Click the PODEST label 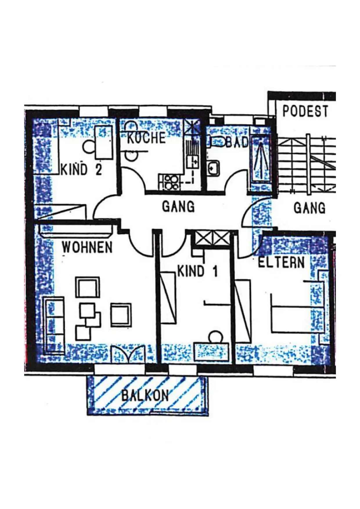click(305, 111)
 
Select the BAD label click(237, 142)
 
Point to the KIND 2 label click(82, 169)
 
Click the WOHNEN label click(87, 248)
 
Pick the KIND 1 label click(197, 271)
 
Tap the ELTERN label click(281, 262)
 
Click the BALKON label click(145, 395)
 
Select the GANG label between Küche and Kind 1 click(178, 207)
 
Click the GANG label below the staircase click(309, 208)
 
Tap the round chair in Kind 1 click(216, 337)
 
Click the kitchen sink click(193, 161)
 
